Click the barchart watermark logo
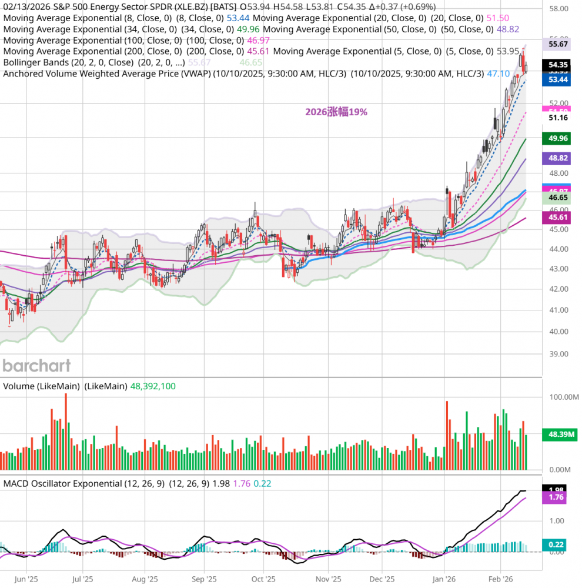click(x=36, y=365)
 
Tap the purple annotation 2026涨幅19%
click(x=336, y=112)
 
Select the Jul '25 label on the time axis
click(x=82, y=578)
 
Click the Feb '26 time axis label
click(x=501, y=578)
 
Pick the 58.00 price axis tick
click(x=557, y=9)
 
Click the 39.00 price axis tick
click(x=557, y=355)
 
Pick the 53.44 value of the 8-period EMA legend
click(x=238, y=18)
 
